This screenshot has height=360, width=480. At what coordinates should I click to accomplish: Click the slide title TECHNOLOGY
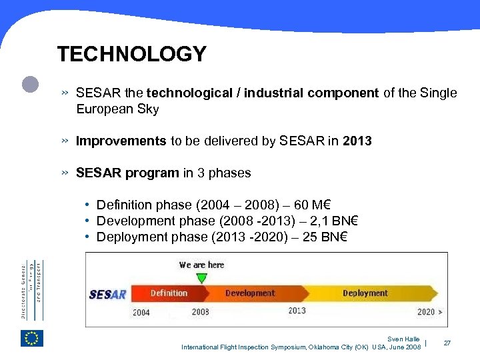click(x=131, y=54)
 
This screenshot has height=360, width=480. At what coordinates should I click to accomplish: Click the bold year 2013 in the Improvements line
click(x=357, y=141)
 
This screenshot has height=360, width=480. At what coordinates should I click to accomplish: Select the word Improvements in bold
click(x=121, y=141)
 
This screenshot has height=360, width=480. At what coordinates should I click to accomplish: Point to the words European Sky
click(x=117, y=109)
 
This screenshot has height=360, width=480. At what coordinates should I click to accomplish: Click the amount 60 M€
click(x=323, y=205)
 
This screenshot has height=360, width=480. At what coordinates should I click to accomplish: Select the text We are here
click(x=201, y=265)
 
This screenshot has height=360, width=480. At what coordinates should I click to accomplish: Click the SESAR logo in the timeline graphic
click(x=108, y=294)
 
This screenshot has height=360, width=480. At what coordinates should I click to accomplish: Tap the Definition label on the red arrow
click(x=169, y=293)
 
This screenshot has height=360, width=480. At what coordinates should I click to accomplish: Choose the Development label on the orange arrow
click(x=250, y=293)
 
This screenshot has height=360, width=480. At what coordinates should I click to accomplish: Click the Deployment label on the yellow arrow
click(x=365, y=293)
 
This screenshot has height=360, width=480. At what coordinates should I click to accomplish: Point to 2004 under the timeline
click(x=141, y=311)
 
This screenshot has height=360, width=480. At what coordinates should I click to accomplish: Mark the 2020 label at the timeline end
click(x=426, y=311)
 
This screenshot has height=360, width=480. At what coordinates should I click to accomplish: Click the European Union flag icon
click(x=32, y=338)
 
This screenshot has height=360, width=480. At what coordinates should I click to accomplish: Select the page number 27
click(x=447, y=343)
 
